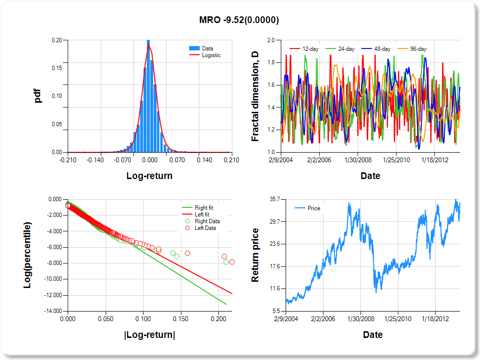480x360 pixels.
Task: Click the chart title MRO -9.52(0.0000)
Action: (x=239, y=20)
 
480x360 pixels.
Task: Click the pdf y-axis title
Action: (x=38, y=96)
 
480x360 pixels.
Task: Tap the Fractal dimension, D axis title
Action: (x=255, y=96)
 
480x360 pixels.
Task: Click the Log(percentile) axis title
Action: (x=28, y=255)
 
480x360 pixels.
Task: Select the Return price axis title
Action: (x=255, y=255)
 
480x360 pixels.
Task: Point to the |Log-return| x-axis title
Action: (x=149, y=335)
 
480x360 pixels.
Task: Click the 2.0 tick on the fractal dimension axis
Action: (x=271, y=40)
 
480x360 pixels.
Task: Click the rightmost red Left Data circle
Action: (x=232, y=262)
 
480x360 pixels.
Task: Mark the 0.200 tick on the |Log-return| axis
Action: (x=218, y=319)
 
